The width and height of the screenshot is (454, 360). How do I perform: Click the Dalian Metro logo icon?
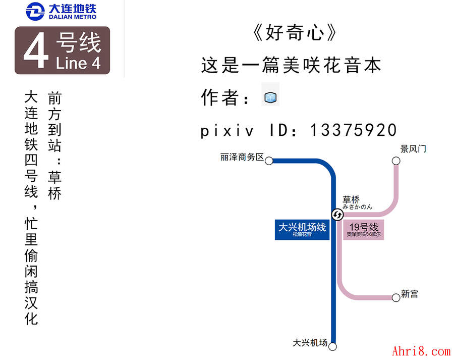(x=35, y=11)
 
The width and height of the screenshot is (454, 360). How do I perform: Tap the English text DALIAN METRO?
(x=73, y=17)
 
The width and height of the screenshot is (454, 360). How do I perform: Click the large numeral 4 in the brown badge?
(x=36, y=51)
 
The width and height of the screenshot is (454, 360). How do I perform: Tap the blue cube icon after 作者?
(x=270, y=97)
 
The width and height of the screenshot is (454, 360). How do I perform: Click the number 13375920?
(x=353, y=130)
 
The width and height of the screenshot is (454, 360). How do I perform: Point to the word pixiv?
(x=226, y=130)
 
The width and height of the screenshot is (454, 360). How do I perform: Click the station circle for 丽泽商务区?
(x=269, y=161)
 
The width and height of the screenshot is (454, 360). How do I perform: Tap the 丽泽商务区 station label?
(x=242, y=157)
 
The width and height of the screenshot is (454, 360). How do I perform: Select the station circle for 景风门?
(x=396, y=161)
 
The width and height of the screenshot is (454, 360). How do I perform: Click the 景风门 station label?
(x=413, y=149)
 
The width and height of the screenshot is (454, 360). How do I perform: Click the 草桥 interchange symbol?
(x=337, y=215)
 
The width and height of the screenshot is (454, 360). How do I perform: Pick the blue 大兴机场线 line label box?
(x=302, y=229)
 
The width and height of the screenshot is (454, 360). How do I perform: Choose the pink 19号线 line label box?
(x=364, y=229)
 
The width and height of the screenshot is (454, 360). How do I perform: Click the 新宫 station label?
(x=410, y=294)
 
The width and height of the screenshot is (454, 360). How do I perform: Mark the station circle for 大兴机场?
(x=332, y=346)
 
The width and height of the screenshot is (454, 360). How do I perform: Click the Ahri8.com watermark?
(x=421, y=351)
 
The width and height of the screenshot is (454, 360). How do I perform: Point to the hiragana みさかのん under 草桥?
(x=357, y=207)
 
